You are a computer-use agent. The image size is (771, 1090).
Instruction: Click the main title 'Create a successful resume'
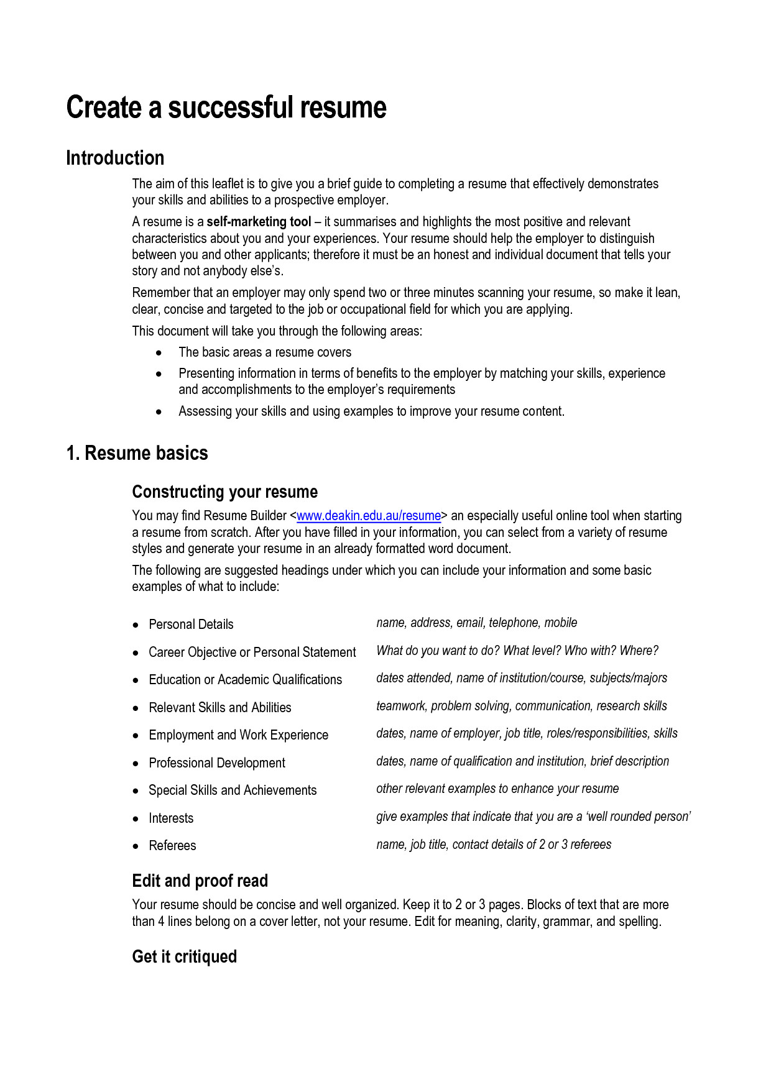point(226,107)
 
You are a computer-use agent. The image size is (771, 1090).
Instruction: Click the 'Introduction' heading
point(115,158)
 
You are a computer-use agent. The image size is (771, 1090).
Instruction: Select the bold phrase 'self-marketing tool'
point(259,222)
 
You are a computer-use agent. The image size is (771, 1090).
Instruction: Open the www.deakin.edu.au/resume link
point(369,516)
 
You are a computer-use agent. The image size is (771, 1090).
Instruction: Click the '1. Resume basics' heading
point(137,453)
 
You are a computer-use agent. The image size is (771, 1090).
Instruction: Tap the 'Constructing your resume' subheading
point(224,492)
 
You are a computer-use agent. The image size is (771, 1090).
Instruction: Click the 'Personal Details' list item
point(191,625)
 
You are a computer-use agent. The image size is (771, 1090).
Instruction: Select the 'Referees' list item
point(172,846)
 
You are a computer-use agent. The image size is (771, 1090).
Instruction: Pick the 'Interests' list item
point(171,818)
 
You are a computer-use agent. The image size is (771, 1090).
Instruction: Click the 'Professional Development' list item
point(217,763)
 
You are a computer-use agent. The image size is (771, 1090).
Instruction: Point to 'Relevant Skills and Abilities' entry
point(220,708)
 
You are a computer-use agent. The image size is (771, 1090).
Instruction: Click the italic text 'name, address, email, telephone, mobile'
point(476,623)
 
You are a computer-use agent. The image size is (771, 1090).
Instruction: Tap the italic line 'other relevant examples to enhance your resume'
point(497,789)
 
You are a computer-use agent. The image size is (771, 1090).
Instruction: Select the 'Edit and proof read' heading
point(200,881)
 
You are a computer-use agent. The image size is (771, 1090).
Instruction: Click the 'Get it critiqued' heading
point(184,956)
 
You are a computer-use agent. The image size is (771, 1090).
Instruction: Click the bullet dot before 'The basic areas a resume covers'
point(159,353)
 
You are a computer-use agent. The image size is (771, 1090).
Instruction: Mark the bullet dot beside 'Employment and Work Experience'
point(136,736)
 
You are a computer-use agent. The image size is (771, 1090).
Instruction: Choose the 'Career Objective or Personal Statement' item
point(252,653)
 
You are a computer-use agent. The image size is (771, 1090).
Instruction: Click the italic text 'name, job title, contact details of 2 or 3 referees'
point(494,845)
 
